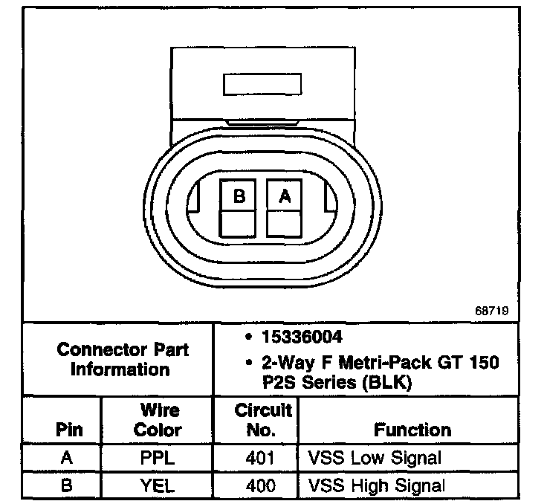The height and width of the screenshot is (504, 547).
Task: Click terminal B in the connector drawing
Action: tap(239, 196)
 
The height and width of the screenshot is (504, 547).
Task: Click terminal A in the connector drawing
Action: tap(285, 196)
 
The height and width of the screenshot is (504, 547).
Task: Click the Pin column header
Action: tap(69, 430)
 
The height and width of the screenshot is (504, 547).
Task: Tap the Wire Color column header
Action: tap(158, 420)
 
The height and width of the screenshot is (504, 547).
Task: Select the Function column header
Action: tap(412, 430)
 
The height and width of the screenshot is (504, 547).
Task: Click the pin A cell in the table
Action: tap(67, 459)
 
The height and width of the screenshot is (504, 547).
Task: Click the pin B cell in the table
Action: tap(67, 486)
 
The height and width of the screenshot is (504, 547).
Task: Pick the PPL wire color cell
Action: tap(158, 459)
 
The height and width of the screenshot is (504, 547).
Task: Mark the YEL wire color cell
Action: tap(158, 486)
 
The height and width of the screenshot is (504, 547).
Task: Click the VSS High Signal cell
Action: tap(377, 486)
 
